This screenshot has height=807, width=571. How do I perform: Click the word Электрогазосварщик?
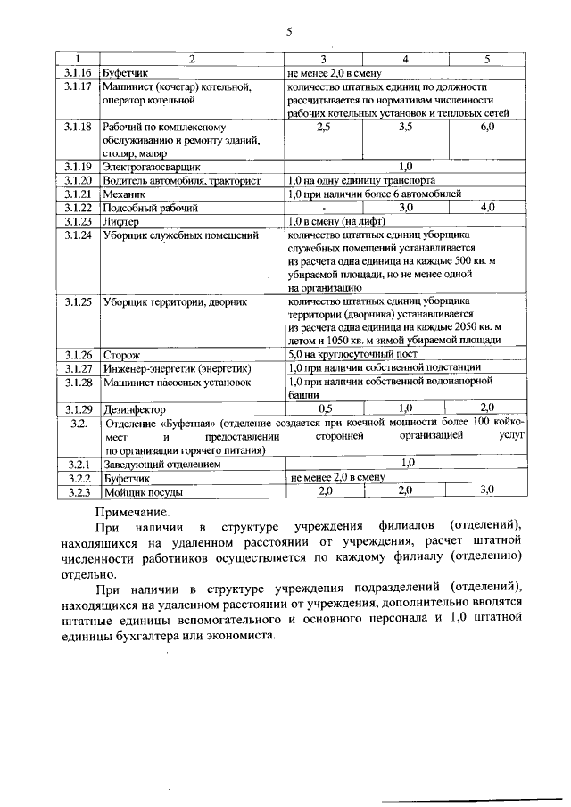point(151,166)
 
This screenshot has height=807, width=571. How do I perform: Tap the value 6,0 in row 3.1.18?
point(487,128)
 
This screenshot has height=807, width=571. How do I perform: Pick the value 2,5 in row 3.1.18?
point(324,128)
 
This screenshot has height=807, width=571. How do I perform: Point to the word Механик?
point(123,194)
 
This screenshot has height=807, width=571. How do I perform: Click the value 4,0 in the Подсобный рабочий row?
point(487,207)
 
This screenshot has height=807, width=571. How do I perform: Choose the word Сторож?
point(121,355)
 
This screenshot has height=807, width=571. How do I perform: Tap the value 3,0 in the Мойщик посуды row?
point(487,490)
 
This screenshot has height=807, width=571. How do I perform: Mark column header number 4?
point(405,59)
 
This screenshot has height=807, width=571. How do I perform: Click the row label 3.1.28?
point(79,382)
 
